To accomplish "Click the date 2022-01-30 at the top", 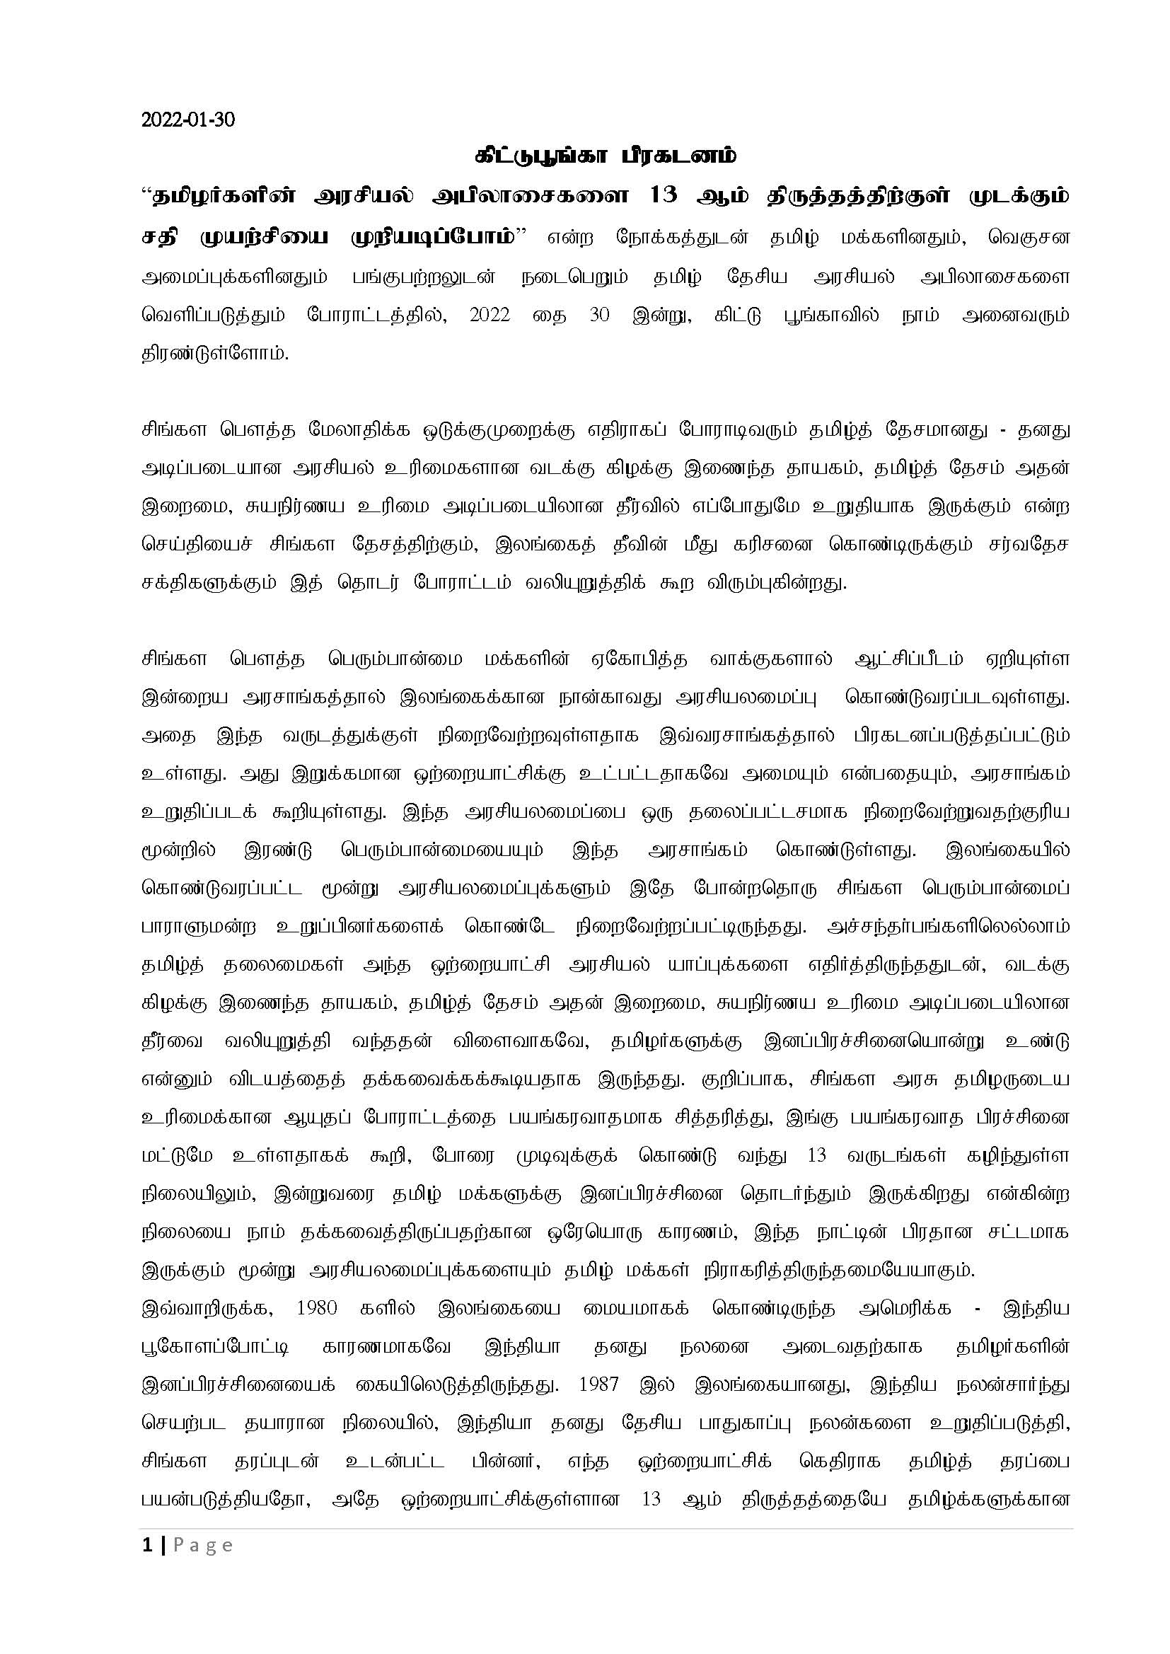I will [188, 120].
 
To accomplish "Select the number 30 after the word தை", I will [599, 315].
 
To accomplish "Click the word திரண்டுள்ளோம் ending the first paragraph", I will [215, 354].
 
